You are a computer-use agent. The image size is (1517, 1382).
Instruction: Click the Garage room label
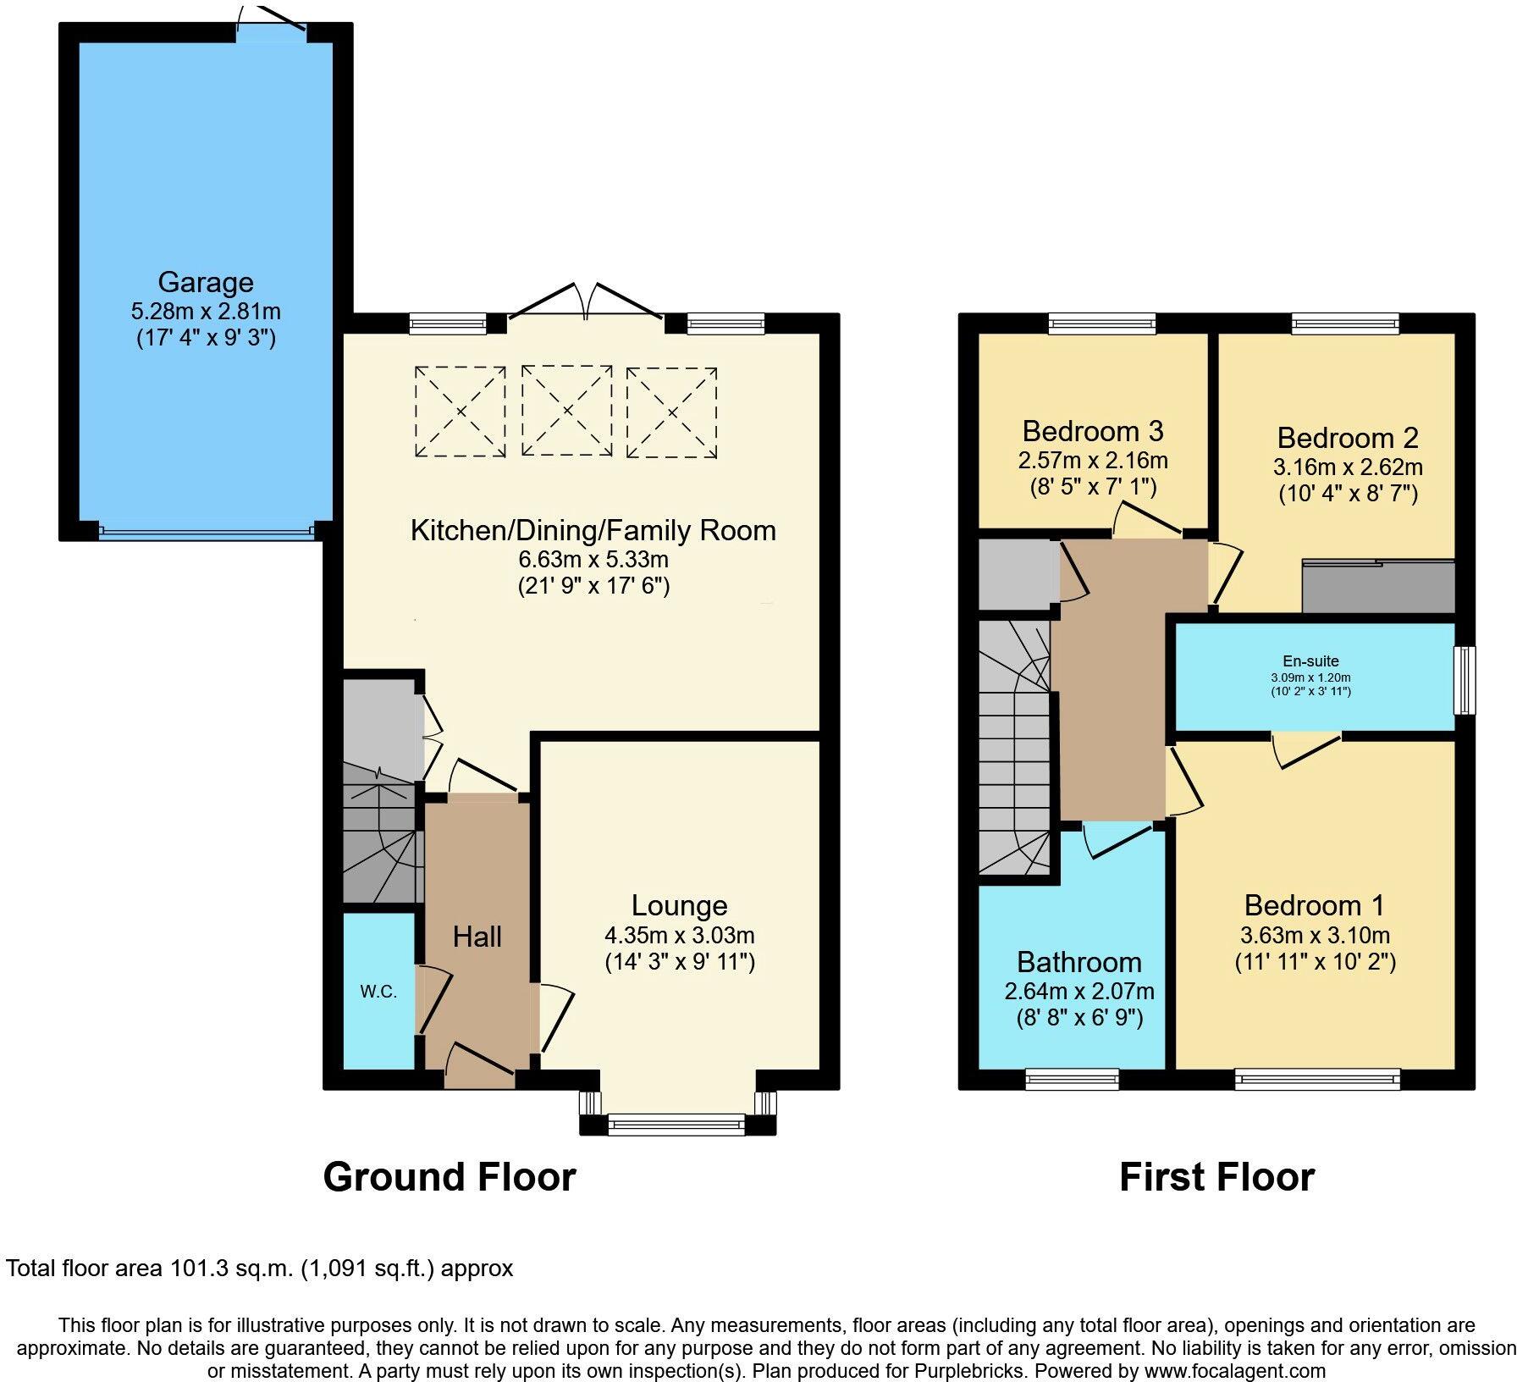tap(205, 282)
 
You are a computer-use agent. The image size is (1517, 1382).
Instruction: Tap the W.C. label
tap(378, 992)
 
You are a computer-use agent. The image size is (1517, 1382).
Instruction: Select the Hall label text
tap(477, 937)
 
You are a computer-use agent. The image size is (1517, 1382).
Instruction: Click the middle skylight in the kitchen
tap(567, 411)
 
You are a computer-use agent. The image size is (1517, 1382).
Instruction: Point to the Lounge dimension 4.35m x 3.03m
tap(679, 936)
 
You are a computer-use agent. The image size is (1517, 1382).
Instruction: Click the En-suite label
tap(1310, 661)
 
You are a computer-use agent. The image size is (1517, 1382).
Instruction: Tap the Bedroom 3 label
tap(1092, 431)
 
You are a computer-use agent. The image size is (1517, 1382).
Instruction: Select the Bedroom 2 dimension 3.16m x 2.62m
tap(1348, 467)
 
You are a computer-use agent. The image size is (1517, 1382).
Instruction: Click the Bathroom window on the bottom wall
tap(1072, 1079)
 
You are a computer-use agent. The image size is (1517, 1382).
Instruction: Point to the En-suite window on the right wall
tap(1464, 680)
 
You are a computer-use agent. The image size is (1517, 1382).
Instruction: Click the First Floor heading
tap(1216, 1177)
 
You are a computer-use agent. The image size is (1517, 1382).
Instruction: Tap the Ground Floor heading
tap(450, 1177)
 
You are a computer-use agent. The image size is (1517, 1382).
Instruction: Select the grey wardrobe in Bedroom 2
tap(1377, 586)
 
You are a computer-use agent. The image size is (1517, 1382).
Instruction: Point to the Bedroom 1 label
tap(1314, 905)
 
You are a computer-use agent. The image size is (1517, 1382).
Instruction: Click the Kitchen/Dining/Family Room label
tap(593, 530)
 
